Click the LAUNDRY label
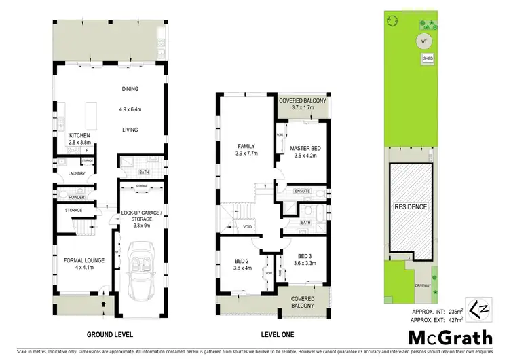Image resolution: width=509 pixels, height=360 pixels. click(66, 173)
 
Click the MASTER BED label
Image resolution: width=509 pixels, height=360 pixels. click(305, 148)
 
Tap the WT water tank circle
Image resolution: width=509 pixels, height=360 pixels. click(423, 40)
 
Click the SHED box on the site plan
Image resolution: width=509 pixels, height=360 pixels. click(428, 59)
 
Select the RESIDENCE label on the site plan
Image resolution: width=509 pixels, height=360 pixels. click(411, 206)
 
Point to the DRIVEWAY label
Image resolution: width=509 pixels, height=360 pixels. click(423, 286)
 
